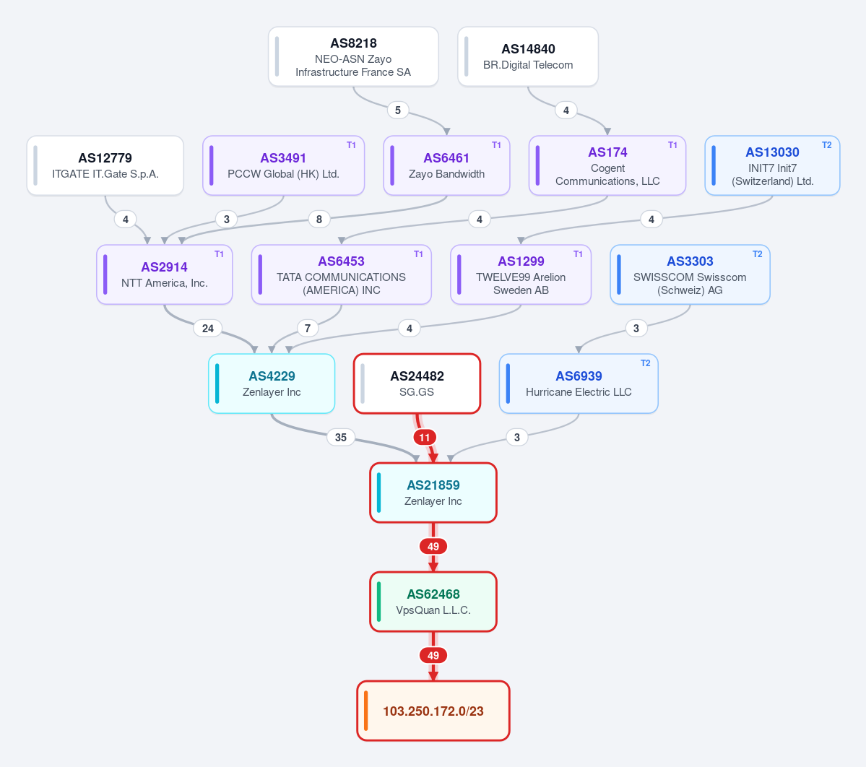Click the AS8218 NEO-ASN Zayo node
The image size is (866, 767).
coord(353,57)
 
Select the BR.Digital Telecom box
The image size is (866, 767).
coord(528,57)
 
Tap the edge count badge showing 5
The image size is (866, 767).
coord(398,110)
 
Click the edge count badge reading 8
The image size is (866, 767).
coord(319,220)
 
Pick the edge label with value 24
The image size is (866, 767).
coord(208,329)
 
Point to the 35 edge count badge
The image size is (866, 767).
coord(341,438)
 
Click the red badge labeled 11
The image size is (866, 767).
coord(424,438)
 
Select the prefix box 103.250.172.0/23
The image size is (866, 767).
coord(433,711)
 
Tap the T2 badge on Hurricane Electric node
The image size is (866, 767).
coord(645,363)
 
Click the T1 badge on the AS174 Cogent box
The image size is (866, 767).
coord(672,145)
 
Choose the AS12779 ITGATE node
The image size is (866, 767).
coord(105,165)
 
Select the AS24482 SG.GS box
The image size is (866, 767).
coord(417,383)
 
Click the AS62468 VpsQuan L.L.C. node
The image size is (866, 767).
coord(433,602)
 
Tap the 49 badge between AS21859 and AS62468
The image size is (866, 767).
coord(433,547)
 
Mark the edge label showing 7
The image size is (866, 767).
coord(308,329)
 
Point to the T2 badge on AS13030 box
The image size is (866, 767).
coord(826,145)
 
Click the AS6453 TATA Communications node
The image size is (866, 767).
coord(342,274)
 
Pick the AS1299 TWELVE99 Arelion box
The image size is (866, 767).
coord(521,274)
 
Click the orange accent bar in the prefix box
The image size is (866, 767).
coord(365,711)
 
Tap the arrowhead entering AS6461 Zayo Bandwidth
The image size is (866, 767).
coord(447,131)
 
